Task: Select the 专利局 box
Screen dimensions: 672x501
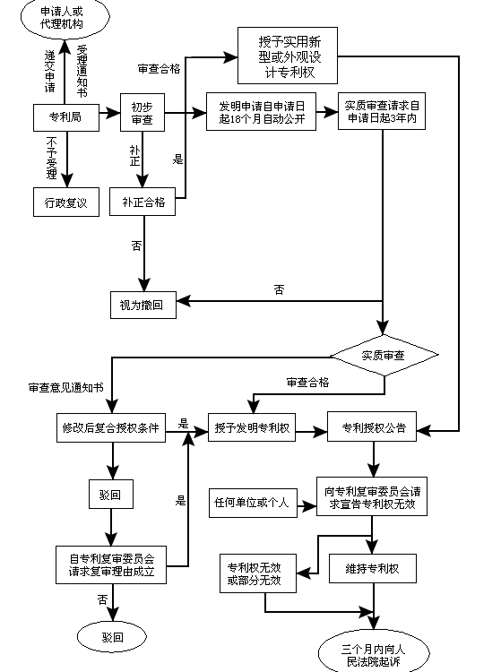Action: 65,115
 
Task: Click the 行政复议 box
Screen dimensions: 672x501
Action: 65,202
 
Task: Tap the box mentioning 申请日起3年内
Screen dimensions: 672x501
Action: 383,112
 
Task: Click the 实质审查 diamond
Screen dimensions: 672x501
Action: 383,356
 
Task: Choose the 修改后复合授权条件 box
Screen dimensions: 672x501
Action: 110,427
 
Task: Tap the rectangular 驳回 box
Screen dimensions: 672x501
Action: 110,494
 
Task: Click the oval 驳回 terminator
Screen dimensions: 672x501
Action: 112,637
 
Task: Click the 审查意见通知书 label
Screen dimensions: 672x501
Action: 65,388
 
